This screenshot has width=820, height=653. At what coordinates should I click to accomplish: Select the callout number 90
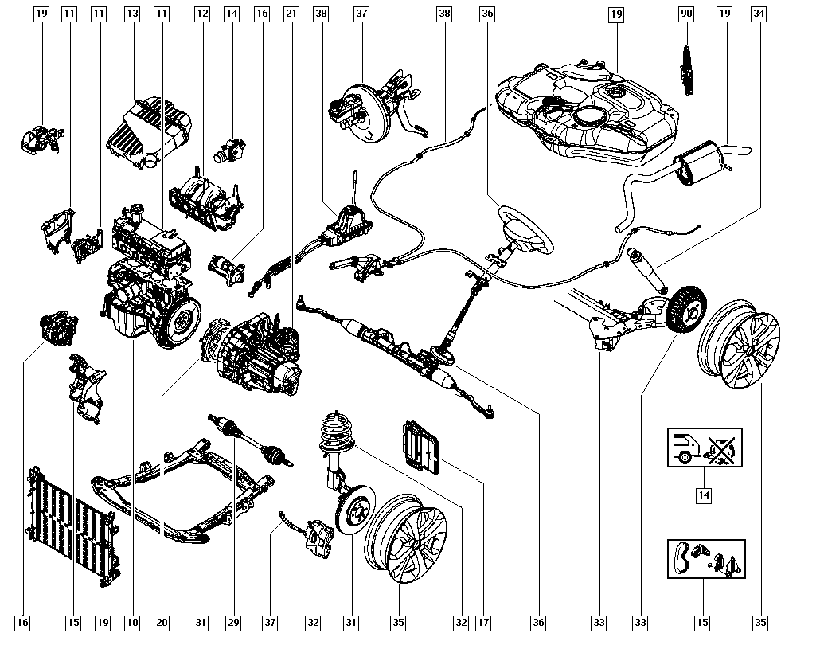685,14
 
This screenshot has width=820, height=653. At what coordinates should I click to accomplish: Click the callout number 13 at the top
132,14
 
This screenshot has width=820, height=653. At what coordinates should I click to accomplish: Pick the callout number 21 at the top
291,14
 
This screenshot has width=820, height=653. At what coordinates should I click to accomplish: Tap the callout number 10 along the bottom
132,623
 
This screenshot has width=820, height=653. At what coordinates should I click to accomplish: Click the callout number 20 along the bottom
162,623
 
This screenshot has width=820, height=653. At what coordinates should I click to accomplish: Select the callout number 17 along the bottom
483,623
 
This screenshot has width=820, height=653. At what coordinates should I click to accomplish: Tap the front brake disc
353,510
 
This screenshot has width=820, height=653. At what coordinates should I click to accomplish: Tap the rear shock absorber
646,269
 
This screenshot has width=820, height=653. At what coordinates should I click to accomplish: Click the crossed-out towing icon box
704,447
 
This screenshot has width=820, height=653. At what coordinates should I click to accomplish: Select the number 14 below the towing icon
704,495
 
